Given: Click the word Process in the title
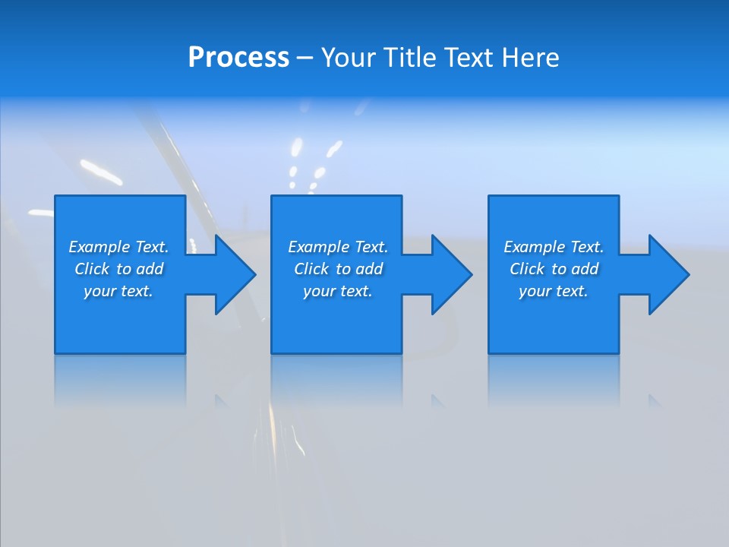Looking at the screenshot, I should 238,58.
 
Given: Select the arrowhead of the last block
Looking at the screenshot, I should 667,274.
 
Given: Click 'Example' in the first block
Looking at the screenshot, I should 99,247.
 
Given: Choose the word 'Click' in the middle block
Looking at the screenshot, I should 311,269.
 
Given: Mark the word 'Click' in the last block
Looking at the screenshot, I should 527,269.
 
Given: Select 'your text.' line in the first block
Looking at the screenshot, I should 118,291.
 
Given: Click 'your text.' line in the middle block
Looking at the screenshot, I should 338,291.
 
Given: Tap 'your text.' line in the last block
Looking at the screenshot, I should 554,291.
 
